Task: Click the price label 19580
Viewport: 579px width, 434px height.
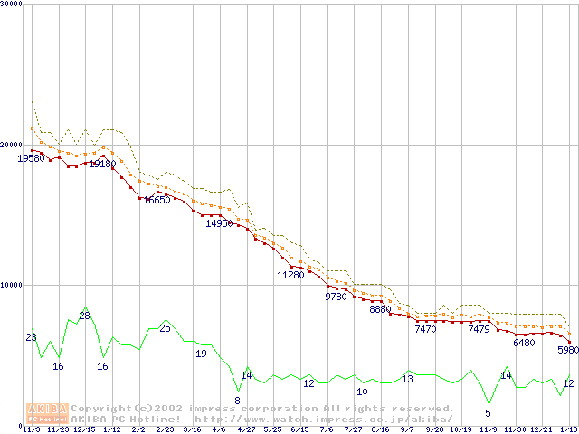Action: [31, 158]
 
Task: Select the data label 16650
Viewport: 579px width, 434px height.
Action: [157, 200]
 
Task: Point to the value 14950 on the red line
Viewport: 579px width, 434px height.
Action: [219, 223]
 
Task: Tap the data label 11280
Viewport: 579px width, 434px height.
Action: [290, 275]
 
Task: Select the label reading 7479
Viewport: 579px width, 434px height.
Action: [479, 330]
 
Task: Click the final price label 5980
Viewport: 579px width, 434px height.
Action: [567, 351]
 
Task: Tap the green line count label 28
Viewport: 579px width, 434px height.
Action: [84, 316]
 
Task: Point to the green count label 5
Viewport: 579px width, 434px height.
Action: [488, 413]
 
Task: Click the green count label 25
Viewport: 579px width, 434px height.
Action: [165, 328]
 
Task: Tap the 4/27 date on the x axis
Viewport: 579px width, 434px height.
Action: [245, 429]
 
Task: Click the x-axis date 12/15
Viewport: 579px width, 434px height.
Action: [84, 429]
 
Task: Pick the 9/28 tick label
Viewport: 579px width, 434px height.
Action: [434, 429]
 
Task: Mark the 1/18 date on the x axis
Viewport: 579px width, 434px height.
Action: [568, 429]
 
